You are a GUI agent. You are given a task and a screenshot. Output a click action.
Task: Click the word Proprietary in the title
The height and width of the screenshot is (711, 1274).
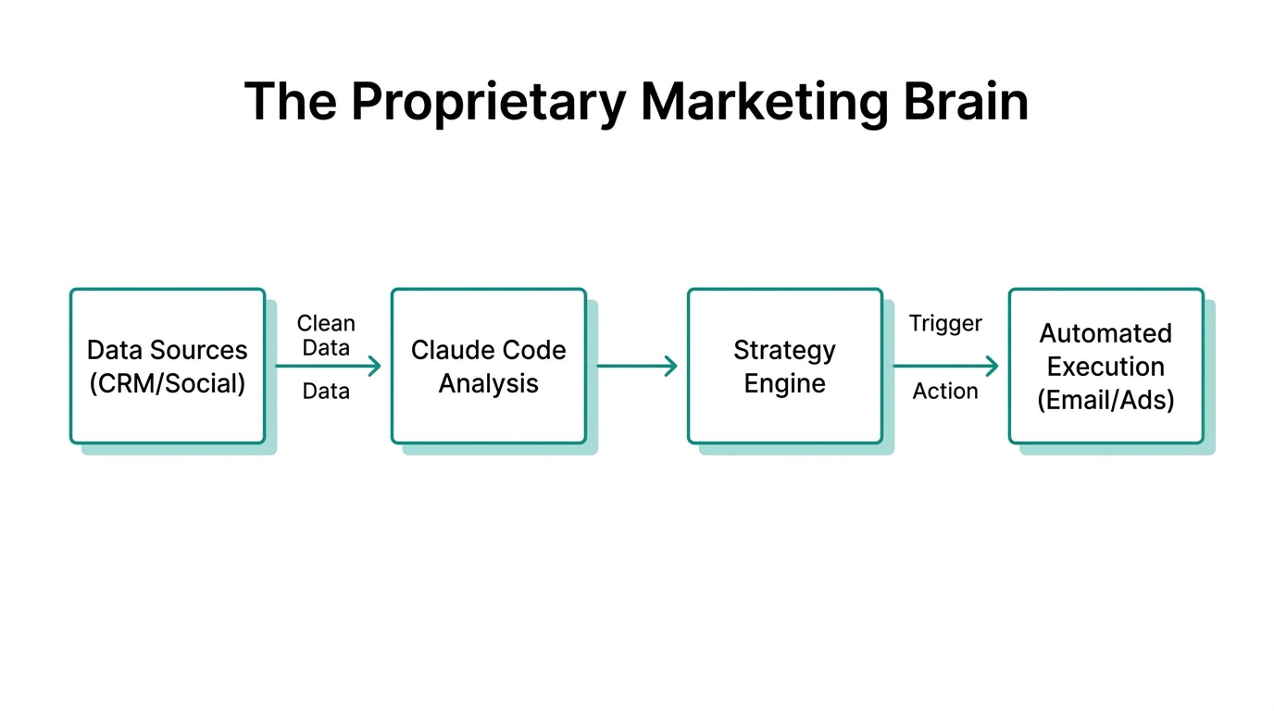coord(488,102)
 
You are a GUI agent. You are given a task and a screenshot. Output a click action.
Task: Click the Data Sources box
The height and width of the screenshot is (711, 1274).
coord(168,366)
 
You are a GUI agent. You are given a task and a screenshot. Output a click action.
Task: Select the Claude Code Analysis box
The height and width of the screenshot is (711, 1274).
coord(488,366)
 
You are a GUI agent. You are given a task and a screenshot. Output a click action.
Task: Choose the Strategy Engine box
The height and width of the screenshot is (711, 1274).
coord(784,366)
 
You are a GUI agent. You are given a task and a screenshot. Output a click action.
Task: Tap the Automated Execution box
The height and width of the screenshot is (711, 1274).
coord(1105,366)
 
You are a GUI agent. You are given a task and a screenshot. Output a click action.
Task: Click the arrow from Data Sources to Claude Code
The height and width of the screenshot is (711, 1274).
coord(328,367)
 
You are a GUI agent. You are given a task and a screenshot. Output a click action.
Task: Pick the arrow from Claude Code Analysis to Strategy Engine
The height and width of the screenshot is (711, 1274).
coord(637,367)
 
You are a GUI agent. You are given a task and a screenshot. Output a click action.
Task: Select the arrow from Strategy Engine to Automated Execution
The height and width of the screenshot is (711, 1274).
coord(945,367)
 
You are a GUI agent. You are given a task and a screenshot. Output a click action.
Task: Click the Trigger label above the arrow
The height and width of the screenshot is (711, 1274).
coord(945,323)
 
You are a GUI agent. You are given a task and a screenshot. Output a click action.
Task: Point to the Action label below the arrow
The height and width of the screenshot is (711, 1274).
coord(945,392)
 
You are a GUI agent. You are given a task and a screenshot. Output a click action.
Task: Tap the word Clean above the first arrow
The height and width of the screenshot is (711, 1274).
coord(326,323)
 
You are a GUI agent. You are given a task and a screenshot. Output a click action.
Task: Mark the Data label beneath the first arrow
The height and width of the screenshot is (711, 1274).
coord(326,392)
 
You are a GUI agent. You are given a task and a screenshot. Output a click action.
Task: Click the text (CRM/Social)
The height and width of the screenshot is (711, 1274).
coord(168,383)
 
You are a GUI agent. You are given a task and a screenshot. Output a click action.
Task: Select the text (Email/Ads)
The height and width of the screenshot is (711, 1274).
coord(1105,400)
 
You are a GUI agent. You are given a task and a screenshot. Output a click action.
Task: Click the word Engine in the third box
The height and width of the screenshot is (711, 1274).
coord(784,383)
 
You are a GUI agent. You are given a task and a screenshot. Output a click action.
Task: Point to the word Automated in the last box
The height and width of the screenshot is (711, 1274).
coord(1105,333)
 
